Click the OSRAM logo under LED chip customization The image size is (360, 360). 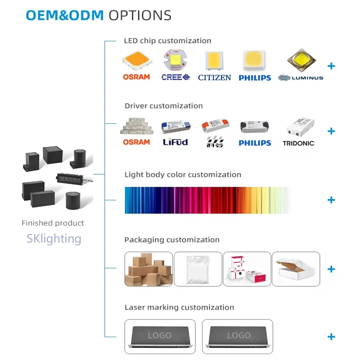(x=136, y=77)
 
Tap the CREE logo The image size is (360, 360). (x=175, y=77)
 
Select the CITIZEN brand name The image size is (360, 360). (x=214, y=77)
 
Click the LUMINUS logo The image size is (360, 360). (x=301, y=78)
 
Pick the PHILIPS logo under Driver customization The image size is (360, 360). (x=255, y=143)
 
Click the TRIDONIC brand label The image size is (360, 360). (x=298, y=144)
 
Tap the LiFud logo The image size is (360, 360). (x=175, y=142)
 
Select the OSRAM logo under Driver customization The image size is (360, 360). (x=136, y=142)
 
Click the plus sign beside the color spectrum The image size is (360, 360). (x=331, y=200)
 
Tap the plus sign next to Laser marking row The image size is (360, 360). (x=331, y=337)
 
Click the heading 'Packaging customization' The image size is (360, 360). (x=172, y=240)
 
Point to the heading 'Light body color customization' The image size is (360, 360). (x=183, y=175)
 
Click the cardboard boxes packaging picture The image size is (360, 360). (x=148, y=269)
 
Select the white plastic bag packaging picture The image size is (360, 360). (x=198, y=269)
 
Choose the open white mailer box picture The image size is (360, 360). (x=296, y=269)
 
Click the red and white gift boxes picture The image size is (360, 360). (x=247, y=269)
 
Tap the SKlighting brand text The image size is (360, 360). (x=54, y=238)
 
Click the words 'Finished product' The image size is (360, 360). (x=53, y=223)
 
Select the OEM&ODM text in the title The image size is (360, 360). (x=65, y=15)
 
